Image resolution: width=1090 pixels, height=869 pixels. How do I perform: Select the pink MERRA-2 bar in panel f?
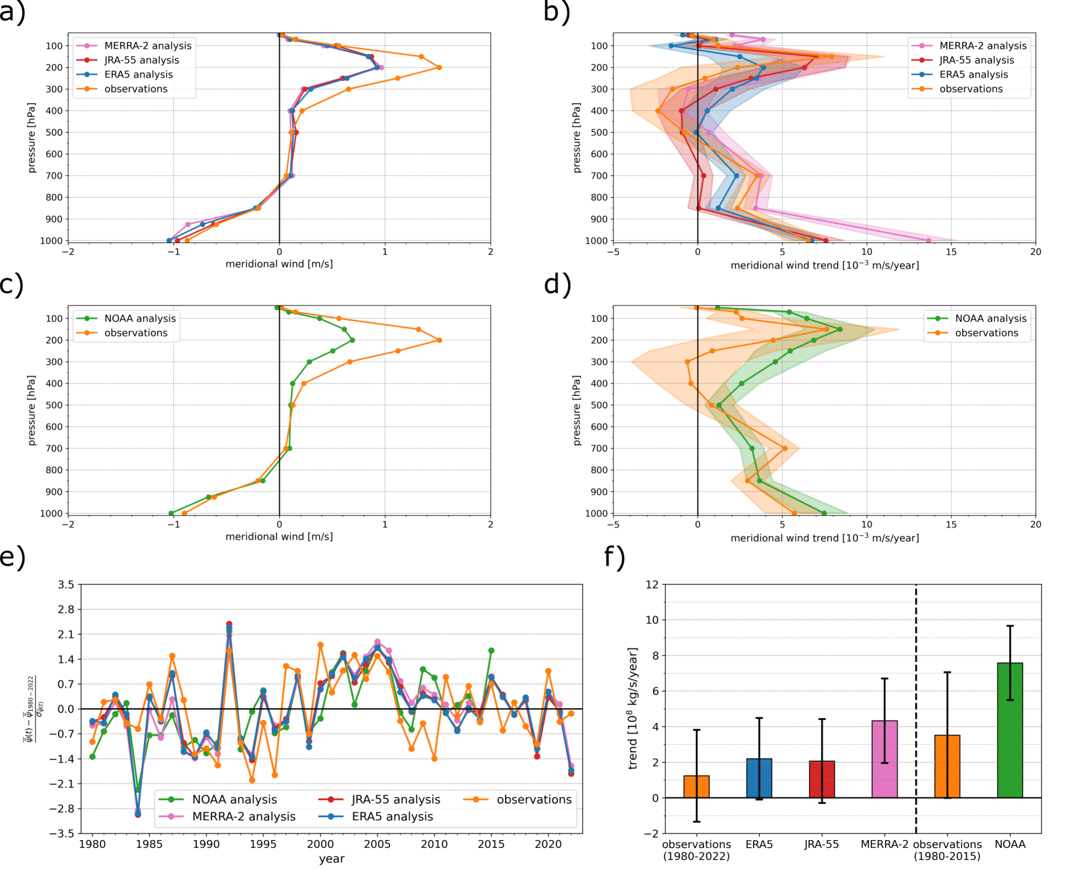pyautogui.click(x=884, y=759)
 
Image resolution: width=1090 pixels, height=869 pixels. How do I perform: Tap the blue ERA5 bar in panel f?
pyautogui.click(x=759, y=778)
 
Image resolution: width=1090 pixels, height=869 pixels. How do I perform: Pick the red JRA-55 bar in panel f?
pyautogui.click(x=822, y=780)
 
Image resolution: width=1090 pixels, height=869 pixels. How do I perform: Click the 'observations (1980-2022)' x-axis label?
pyautogui.click(x=697, y=850)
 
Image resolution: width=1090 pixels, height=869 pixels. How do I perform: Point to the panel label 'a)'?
pyautogui.click(x=13, y=12)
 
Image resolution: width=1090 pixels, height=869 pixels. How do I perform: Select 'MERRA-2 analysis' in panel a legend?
pyautogui.click(x=148, y=45)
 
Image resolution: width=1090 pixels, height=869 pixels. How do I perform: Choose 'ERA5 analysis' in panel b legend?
pyautogui.click(x=973, y=74)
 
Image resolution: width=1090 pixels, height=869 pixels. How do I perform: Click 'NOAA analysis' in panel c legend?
pyautogui.click(x=140, y=318)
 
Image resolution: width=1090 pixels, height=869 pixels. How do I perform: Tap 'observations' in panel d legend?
pyautogui.click(x=986, y=332)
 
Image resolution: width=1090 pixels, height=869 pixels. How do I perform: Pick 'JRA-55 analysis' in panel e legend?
pyautogui.click(x=395, y=799)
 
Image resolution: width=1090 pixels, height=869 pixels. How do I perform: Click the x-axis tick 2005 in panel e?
pyautogui.click(x=377, y=845)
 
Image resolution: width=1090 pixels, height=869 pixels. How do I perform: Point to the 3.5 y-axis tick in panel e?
pyautogui.click(x=66, y=585)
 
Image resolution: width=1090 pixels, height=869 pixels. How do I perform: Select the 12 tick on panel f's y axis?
pyautogui.click(x=651, y=585)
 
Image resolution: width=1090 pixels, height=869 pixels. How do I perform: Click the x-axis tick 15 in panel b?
pyautogui.click(x=951, y=252)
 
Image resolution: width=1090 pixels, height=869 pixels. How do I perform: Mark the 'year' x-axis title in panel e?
pyautogui.click(x=332, y=858)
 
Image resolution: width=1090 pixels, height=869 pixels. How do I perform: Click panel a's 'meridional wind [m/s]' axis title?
pyautogui.click(x=279, y=264)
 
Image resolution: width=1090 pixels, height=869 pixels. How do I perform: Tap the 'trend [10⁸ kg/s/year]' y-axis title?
pyautogui.click(x=633, y=708)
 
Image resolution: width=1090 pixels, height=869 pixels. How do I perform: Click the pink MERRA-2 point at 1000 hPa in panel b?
pyautogui.click(x=928, y=240)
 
